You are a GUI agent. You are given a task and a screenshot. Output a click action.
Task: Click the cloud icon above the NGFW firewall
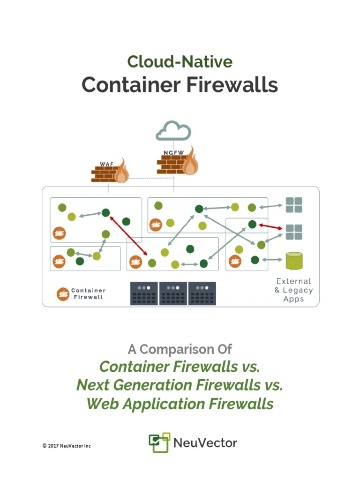click(x=173, y=131)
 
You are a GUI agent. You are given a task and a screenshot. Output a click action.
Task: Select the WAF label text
click(x=106, y=164)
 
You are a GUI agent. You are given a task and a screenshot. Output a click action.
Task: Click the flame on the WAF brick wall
click(x=122, y=172)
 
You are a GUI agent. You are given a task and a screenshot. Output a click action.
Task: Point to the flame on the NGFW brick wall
click(x=190, y=162)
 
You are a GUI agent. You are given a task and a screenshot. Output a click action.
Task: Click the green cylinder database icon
click(x=294, y=261)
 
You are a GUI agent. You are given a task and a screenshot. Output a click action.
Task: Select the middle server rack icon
click(x=173, y=293)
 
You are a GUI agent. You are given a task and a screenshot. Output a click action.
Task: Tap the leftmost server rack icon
click(x=144, y=293)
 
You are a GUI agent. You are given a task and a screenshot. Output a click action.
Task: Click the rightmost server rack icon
click(x=202, y=293)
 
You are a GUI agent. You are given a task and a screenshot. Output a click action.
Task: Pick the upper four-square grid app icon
click(x=294, y=205)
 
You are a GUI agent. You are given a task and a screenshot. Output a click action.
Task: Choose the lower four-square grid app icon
click(x=294, y=232)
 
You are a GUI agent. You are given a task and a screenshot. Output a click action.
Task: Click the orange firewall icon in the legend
click(x=63, y=294)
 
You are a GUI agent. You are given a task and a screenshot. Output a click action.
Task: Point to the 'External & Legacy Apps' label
click(x=293, y=290)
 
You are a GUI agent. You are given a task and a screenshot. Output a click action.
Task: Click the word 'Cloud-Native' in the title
click(x=180, y=62)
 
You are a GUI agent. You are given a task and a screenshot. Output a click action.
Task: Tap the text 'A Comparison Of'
click(x=180, y=349)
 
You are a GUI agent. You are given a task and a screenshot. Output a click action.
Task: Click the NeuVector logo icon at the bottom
click(x=158, y=443)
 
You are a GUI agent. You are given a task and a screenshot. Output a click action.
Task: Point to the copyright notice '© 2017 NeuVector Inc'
click(x=67, y=445)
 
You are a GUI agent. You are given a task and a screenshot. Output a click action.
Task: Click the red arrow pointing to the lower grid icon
click(x=271, y=226)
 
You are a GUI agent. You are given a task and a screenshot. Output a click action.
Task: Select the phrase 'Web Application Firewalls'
click(x=180, y=404)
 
